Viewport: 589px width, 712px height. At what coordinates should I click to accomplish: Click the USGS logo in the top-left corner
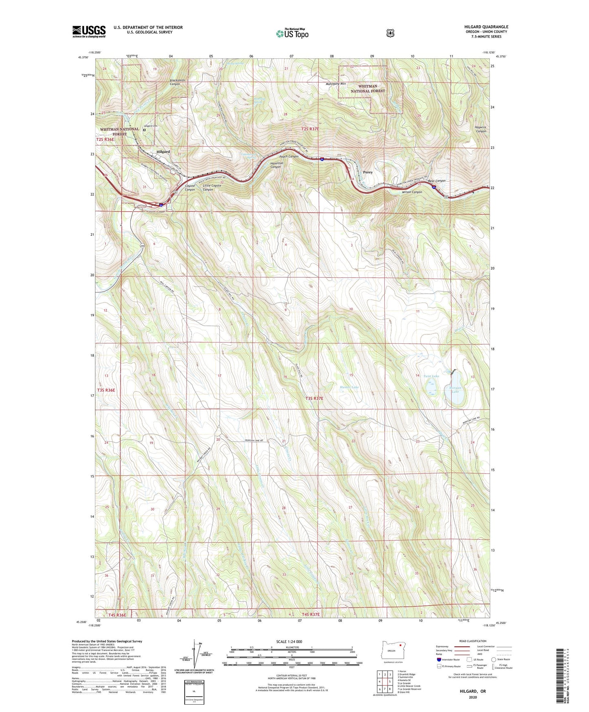coord(89,31)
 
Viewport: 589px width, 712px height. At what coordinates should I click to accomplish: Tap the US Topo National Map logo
coord(291,33)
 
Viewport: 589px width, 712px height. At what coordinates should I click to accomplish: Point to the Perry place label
coord(368,172)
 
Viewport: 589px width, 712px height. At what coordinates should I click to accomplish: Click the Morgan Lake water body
coord(454,389)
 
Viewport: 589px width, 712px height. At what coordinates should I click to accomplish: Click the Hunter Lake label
coord(349,387)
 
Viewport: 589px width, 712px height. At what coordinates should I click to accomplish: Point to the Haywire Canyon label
coord(480,129)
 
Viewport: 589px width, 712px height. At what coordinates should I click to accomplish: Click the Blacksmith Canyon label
coord(177,82)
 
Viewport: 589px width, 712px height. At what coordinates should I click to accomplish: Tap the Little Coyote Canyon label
coord(212,188)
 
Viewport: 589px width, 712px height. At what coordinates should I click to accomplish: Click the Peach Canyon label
coord(289,157)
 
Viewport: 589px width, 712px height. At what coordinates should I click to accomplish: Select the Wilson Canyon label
coord(412,192)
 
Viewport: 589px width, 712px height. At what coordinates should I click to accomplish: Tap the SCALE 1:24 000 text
coord(289,641)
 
